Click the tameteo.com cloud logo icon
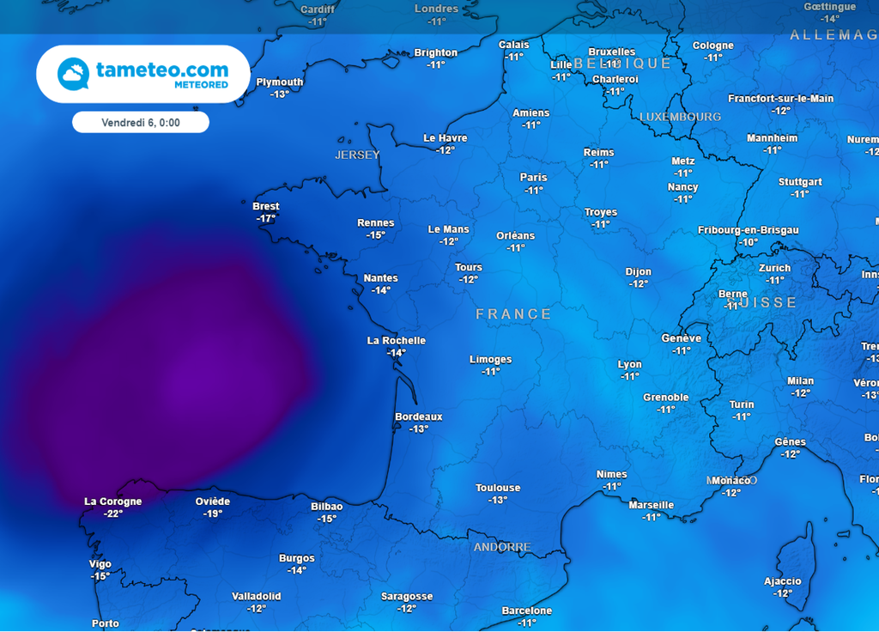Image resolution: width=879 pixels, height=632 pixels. pyautogui.click(x=73, y=74)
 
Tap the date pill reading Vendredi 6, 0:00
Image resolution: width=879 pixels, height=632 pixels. pyautogui.click(x=140, y=123)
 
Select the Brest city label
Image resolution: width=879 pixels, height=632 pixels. pyautogui.click(x=266, y=207)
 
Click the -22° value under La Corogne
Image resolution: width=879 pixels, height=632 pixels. pyautogui.click(x=113, y=513)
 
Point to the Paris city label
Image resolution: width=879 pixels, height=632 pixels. pyautogui.click(x=533, y=178)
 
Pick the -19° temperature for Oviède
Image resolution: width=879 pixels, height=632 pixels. pyautogui.click(x=213, y=513)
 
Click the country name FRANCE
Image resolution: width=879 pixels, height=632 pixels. pyautogui.click(x=514, y=314)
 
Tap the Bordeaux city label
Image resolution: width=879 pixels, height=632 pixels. pyautogui.click(x=419, y=417)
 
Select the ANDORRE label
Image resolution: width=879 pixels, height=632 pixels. pyautogui.click(x=502, y=547)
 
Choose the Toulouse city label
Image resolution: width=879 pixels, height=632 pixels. pyautogui.click(x=498, y=488)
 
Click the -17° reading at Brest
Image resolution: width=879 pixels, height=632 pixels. pyautogui.click(x=266, y=219)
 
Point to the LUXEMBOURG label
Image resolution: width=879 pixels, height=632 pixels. pyautogui.click(x=681, y=116)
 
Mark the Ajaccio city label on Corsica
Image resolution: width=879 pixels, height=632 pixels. pyautogui.click(x=783, y=581)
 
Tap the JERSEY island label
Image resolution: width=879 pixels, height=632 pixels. pyautogui.click(x=357, y=155)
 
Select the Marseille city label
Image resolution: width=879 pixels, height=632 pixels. pyautogui.click(x=652, y=505)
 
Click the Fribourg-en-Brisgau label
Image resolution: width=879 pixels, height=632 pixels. pyautogui.click(x=749, y=230)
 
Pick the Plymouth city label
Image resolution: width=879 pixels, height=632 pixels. pyautogui.click(x=280, y=82)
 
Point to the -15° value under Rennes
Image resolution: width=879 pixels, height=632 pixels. pyautogui.click(x=376, y=234)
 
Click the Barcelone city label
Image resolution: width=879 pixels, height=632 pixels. pyautogui.click(x=527, y=611)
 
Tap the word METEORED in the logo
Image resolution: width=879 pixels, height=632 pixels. pyautogui.click(x=202, y=85)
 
